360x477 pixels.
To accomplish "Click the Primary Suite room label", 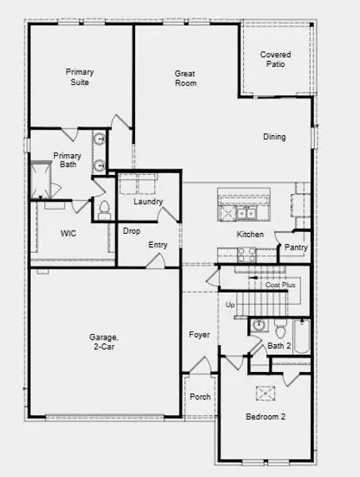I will [79, 77].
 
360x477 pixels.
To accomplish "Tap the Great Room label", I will [185, 78].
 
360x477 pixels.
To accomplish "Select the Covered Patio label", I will [276, 60].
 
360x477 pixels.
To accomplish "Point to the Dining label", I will [274, 137].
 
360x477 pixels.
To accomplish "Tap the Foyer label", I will [199, 335].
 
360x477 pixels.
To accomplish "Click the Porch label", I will [201, 396].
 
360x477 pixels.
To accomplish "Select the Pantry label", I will [296, 248].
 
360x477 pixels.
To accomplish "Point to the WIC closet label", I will [68, 234].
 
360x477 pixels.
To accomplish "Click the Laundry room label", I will [148, 202].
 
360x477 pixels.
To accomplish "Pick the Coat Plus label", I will [281, 284].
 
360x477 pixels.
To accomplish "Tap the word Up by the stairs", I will [231, 305].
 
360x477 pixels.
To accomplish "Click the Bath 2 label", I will [279, 346].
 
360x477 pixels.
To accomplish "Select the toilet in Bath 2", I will [281, 329].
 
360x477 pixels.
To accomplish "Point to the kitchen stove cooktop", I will [245, 254].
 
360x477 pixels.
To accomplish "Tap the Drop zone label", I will [132, 231].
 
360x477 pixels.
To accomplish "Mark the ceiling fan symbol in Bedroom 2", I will [265, 393].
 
